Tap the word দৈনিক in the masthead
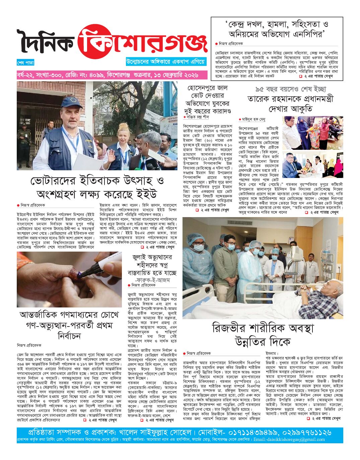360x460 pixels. coord(46,42)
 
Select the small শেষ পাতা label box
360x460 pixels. coord(25,63)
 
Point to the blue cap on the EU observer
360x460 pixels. coord(72,102)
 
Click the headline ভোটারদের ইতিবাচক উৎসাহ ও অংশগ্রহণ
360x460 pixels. coord(97,187)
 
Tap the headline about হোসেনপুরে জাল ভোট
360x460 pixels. coord(207,100)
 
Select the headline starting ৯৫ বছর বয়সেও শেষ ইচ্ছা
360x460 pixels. coord(290,99)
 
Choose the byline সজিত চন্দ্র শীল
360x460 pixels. coord(198,117)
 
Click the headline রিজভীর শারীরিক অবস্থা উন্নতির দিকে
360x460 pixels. coord(262,335)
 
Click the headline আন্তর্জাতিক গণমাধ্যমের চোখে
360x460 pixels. coord(69,325)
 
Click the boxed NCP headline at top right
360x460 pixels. coord(277,29)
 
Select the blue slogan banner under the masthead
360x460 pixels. coord(166,62)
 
